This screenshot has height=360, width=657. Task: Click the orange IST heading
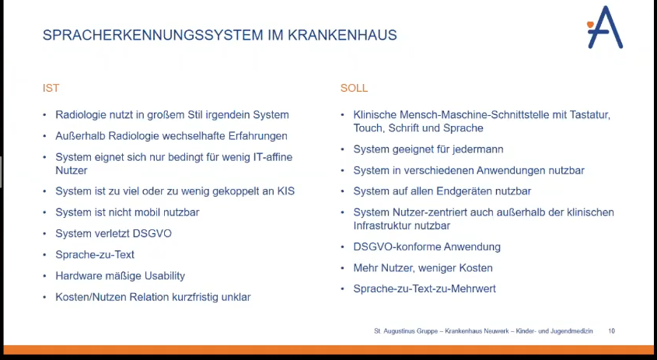click(x=51, y=89)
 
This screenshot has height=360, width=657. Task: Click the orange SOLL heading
click(x=354, y=89)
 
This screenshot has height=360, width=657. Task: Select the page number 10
click(x=611, y=331)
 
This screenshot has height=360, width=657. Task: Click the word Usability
click(x=160, y=276)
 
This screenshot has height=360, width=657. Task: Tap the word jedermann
click(x=474, y=149)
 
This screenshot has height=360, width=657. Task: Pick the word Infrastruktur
click(x=386, y=225)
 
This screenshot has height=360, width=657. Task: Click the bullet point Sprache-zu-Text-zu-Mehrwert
click(x=425, y=289)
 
